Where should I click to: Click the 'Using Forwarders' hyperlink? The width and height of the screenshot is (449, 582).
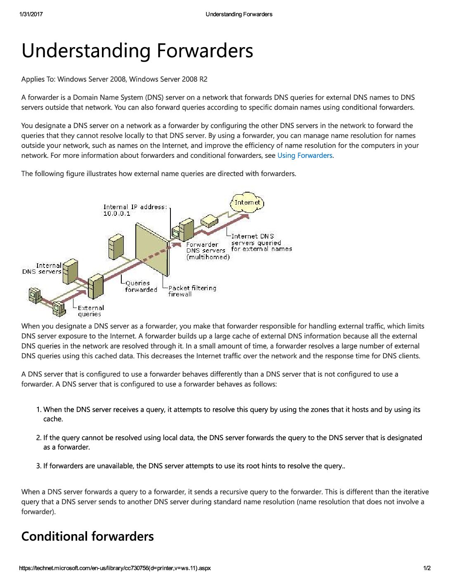point(305,155)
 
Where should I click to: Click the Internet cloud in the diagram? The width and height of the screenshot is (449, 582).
point(247,203)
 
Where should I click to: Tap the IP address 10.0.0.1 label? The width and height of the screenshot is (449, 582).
point(117,214)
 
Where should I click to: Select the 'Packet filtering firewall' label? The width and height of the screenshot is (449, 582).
point(192,291)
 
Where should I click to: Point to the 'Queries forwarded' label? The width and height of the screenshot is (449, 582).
point(141,286)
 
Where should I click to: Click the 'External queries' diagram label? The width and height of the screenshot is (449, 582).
point(91,311)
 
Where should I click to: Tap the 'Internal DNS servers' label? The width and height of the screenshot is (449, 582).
point(43,269)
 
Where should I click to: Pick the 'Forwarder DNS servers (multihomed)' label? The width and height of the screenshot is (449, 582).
point(207,251)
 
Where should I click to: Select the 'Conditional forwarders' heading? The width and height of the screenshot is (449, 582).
point(87,536)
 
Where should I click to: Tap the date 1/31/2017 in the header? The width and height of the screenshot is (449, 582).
point(31,14)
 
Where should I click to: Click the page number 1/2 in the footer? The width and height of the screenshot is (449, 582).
point(427,568)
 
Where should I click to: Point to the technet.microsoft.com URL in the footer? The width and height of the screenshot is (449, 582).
point(115,568)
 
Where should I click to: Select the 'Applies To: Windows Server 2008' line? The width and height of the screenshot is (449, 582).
point(114,79)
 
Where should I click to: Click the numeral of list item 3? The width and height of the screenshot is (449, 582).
point(38,466)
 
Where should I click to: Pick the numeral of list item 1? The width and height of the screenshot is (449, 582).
point(38,410)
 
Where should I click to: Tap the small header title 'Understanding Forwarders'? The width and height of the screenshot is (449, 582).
point(239,14)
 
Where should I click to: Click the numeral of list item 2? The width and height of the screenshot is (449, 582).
point(38,438)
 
